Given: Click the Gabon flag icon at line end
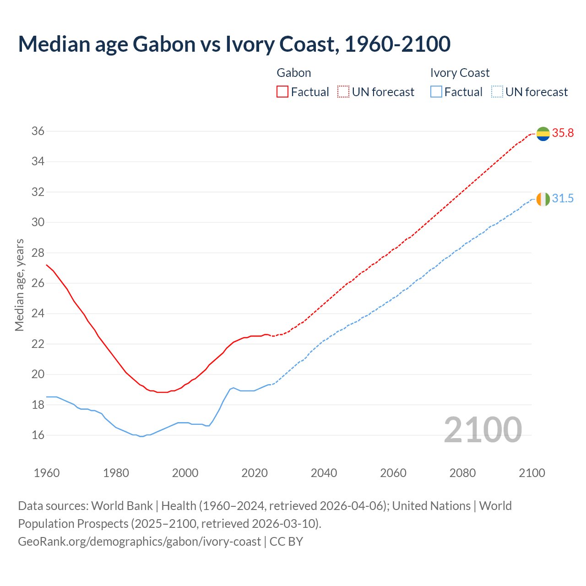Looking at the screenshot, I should point(543,134).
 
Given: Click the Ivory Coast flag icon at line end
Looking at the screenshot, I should point(543,199).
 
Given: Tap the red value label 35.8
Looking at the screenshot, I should point(563,133).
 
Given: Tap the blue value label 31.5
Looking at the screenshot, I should point(563,199).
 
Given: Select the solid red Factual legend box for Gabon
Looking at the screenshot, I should point(282,92).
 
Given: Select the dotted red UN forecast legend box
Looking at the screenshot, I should point(343,92).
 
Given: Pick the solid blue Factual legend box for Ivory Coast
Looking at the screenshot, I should point(436,92).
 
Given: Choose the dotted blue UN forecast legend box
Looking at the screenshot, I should point(497,92).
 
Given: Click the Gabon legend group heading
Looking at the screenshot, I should point(294,73).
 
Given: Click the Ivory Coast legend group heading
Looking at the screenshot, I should point(460,73).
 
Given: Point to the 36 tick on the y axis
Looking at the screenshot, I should point(38,131).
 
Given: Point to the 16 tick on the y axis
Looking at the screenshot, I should point(38,435).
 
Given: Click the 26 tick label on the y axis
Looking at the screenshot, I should point(38,283).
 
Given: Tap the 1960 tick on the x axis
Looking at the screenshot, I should point(47,473).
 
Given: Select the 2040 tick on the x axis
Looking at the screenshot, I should point(324,473).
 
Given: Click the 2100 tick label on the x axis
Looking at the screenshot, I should point(532,473).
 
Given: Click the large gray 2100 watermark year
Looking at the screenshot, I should point(483,430).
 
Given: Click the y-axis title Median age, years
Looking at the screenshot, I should point(19,285).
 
